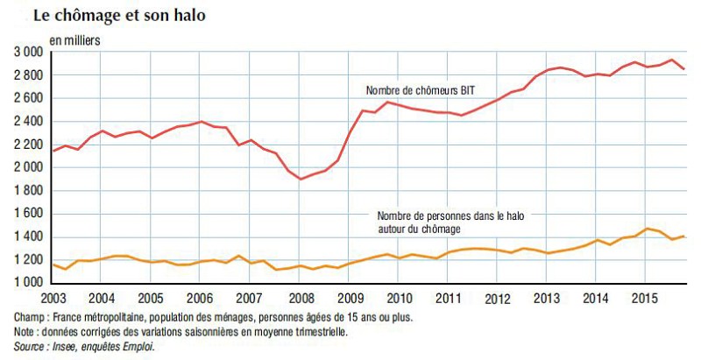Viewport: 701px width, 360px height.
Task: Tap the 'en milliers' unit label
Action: coord(74,40)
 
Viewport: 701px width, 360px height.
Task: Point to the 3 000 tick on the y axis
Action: coord(28,53)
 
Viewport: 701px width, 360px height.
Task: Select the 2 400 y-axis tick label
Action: coord(28,122)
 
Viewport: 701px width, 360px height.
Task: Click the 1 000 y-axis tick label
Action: coord(28,283)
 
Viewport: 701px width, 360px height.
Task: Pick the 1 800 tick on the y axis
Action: coord(28,191)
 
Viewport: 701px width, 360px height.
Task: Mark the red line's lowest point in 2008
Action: coord(301,179)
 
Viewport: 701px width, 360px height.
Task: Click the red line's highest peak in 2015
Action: coord(670,60)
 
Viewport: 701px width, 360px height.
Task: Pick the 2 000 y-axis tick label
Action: coord(28,168)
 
